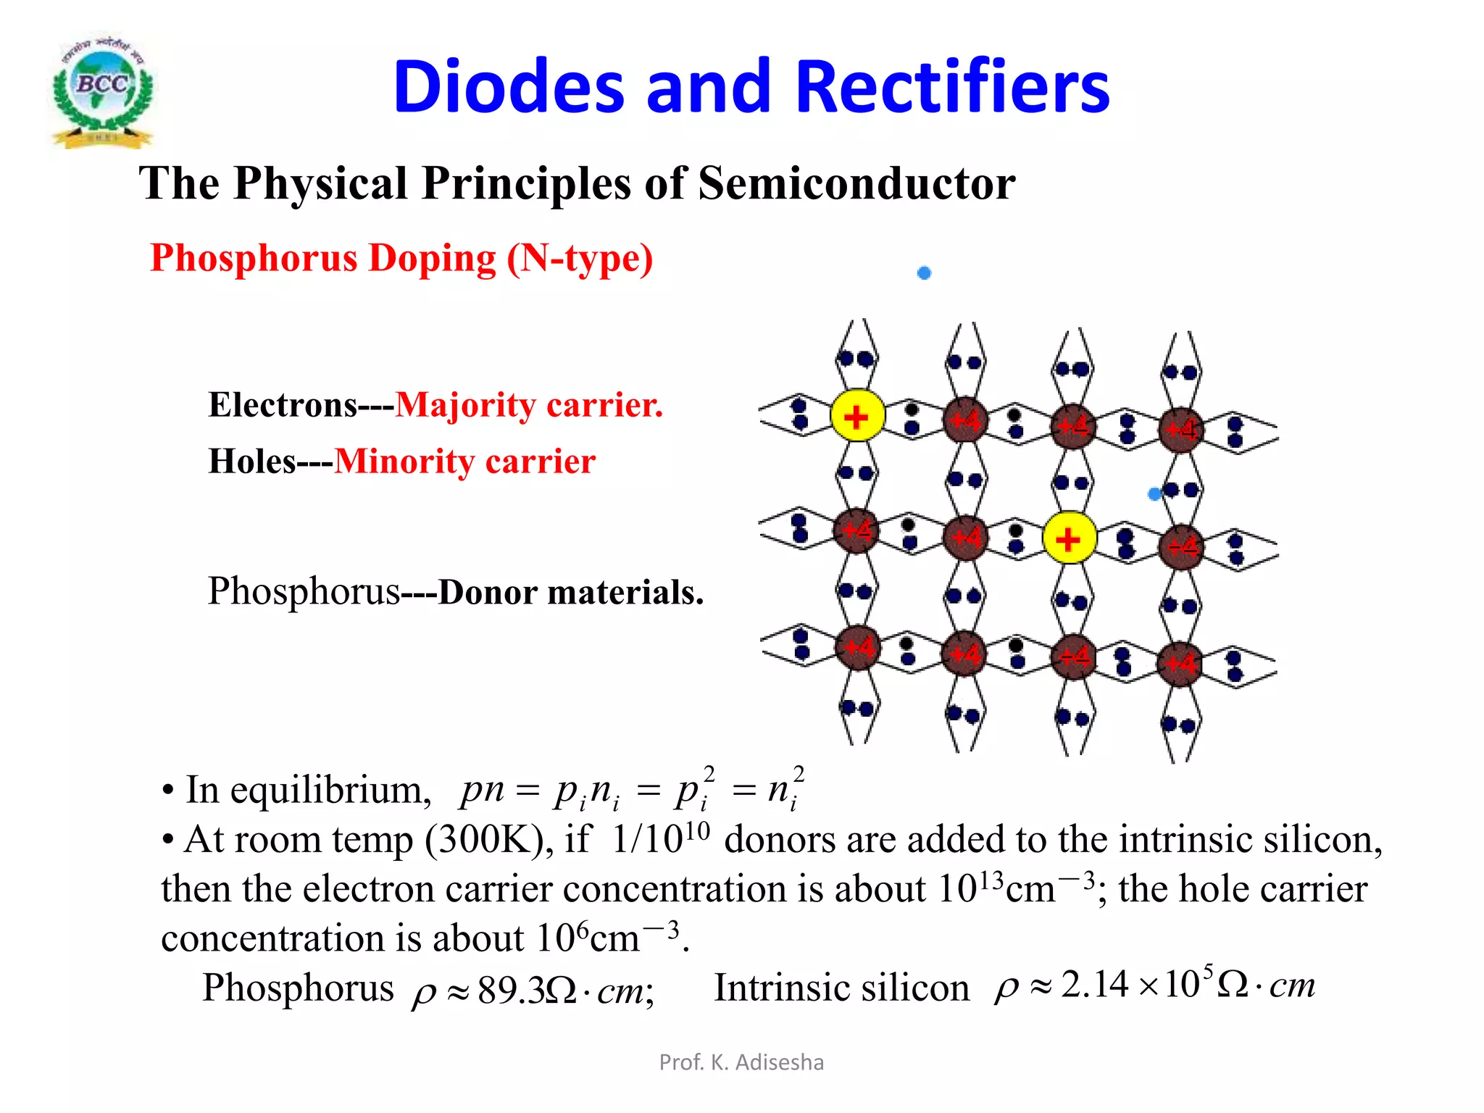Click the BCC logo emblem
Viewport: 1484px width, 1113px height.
103,91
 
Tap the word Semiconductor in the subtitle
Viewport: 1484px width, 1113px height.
856,183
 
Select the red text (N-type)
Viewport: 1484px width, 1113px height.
580,259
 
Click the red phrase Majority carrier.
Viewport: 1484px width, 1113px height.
529,404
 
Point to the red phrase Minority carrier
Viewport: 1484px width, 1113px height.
464,462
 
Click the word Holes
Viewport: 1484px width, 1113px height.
251,462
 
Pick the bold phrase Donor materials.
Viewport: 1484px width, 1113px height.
571,592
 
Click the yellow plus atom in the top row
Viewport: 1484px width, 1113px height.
856,417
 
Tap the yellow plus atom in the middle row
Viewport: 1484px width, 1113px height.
1068,538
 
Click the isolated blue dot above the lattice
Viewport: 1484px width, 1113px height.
924,273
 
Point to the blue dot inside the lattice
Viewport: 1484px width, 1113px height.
1154,494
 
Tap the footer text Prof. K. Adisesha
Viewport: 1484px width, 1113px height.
741,1062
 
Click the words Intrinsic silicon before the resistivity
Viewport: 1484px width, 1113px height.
841,988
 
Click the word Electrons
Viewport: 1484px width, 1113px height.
283,404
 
